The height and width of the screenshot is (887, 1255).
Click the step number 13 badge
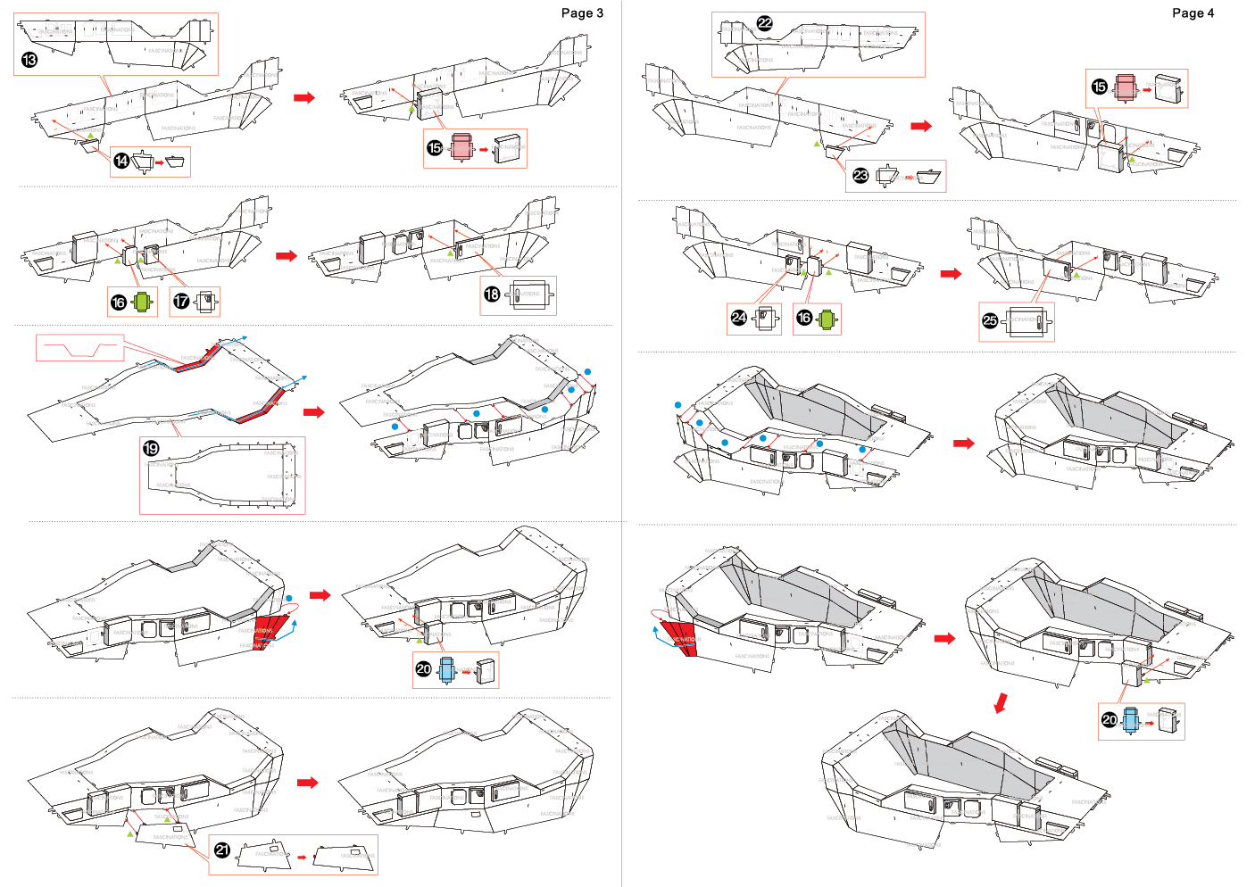[x=29, y=60]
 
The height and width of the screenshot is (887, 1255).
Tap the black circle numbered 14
[x=121, y=161]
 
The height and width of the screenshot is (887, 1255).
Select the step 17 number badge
[x=181, y=302]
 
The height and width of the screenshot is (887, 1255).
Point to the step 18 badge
[x=492, y=294]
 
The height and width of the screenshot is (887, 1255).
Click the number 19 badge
[x=151, y=448]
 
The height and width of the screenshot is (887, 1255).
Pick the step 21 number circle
[x=222, y=850]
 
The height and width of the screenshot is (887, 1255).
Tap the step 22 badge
[x=764, y=23]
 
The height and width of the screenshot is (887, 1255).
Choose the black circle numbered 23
[x=860, y=175]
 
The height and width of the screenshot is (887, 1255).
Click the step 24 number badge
[x=738, y=317]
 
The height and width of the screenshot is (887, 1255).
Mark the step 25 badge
[x=990, y=320]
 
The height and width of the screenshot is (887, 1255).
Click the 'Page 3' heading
[x=582, y=12]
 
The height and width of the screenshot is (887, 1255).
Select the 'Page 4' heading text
[x=1193, y=12]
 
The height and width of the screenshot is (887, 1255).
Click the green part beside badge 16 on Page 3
[x=143, y=302]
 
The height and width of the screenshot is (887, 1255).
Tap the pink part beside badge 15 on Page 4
[x=1126, y=87]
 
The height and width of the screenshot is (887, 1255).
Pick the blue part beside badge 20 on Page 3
[x=446, y=668]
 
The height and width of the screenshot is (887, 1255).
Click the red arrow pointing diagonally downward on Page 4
[x=1002, y=702]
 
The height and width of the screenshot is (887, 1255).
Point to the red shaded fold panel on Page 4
[x=680, y=637]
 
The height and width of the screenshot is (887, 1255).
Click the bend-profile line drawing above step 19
[x=79, y=347]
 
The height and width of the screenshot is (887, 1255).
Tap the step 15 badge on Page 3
[x=435, y=147]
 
